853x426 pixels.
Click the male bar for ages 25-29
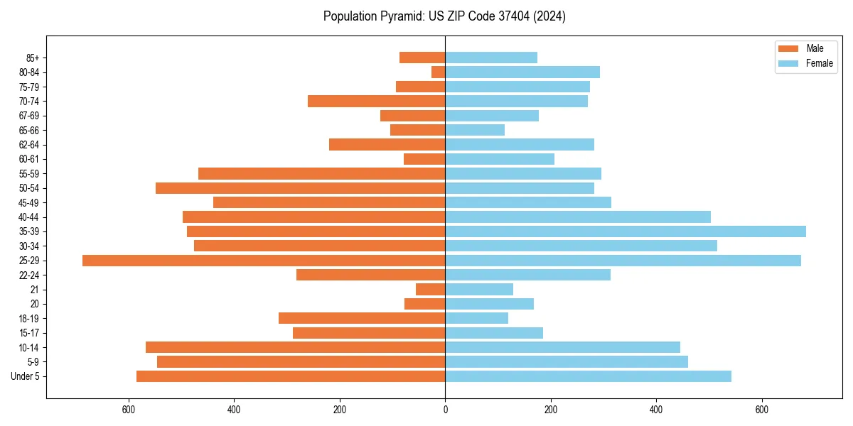coord(264,261)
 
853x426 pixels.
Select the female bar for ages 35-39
coord(626,231)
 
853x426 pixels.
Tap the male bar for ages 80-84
coord(439,72)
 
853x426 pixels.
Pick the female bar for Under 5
coord(588,376)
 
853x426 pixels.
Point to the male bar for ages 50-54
coord(300,188)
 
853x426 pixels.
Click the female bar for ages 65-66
coord(475,130)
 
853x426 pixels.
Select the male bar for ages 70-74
coord(376,101)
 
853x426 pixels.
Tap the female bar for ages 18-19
coord(477,318)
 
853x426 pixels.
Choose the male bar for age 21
coord(431,289)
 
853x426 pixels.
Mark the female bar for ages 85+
coord(491,58)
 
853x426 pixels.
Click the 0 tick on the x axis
coord(445,410)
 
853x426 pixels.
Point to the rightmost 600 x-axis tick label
coord(761,410)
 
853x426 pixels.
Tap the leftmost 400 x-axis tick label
coord(234,410)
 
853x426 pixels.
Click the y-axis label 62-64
coord(29,145)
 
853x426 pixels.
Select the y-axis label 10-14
coord(29,347)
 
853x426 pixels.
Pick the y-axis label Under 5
coord(26,376)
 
